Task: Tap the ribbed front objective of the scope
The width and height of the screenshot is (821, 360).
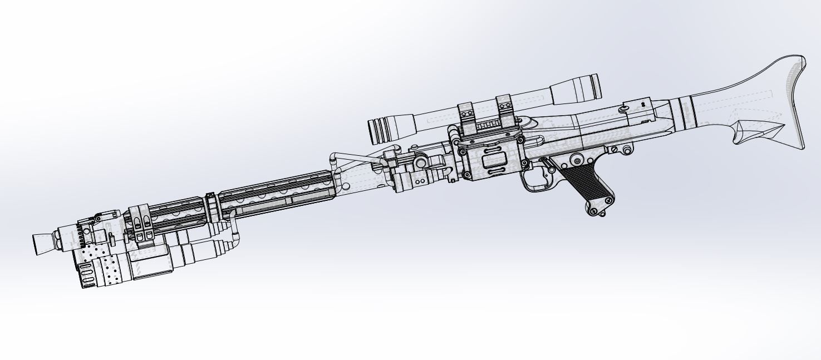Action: coord(383,131)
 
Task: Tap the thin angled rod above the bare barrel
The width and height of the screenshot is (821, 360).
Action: coord(356,158)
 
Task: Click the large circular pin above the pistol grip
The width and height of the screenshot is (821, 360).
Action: coord(578,161)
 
